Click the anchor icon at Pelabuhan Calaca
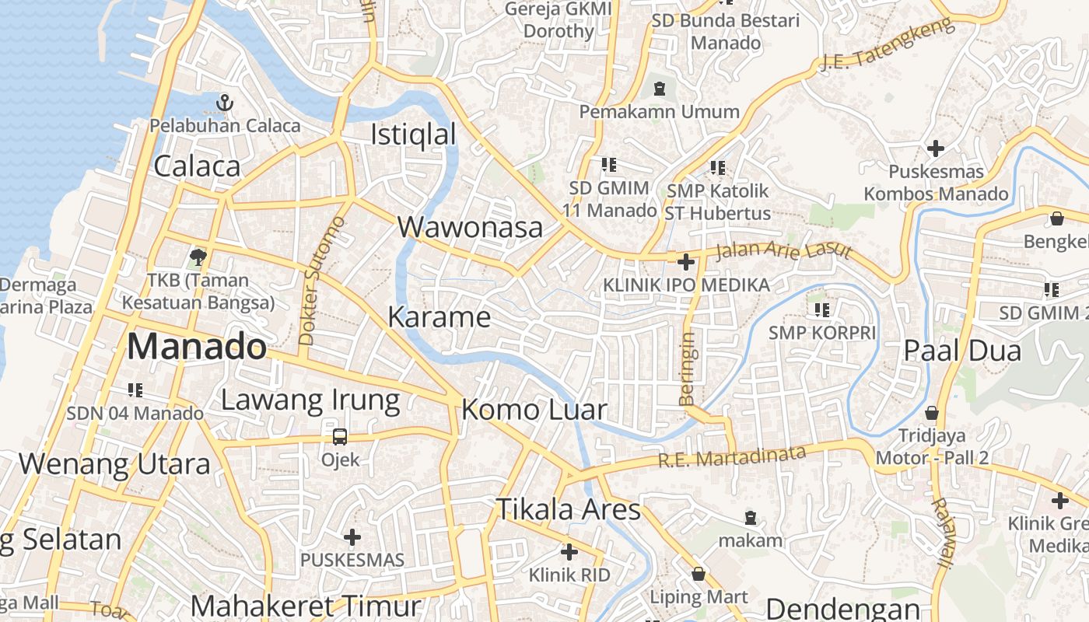225,102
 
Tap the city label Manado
197,346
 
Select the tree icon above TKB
198,257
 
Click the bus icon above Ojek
340,436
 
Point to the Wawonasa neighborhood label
470,227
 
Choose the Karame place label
439,317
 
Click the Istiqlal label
413,135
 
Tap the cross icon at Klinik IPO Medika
685,262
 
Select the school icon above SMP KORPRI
821,310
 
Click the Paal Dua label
962,351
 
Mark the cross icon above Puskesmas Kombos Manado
936,148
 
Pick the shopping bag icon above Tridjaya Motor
932,412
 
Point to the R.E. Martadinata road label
732,456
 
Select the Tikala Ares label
569,509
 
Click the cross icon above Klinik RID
569,552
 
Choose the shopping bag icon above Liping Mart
699,575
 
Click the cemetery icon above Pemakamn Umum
660,89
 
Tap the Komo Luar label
534,410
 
